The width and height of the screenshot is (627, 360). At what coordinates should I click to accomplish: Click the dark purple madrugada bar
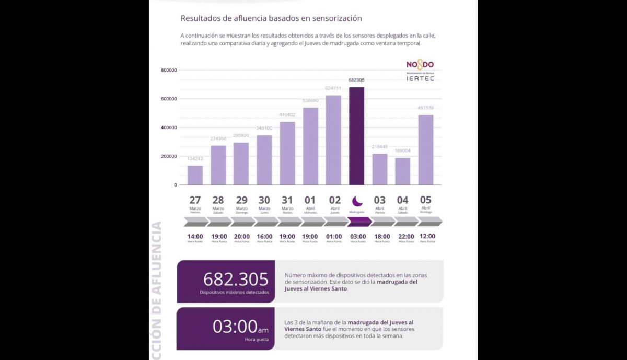[357, 136]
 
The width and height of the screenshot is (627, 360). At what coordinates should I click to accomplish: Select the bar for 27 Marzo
[195, 175]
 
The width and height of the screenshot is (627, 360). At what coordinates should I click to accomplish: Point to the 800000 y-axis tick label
[169, 71]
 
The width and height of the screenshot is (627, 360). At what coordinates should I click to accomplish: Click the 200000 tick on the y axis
[169, 156]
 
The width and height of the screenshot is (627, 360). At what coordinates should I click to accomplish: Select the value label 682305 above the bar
[357, 80]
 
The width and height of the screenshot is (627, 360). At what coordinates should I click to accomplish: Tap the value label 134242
[195, 159]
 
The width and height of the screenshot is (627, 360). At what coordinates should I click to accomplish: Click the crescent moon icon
[357, 201]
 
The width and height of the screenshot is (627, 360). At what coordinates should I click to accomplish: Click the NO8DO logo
[420, 65]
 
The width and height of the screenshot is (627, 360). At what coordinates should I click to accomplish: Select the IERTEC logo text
[420, 78]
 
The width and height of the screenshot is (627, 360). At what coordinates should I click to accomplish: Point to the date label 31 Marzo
[287, 203]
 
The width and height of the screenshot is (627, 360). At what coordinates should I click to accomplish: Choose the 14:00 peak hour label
[195, 237]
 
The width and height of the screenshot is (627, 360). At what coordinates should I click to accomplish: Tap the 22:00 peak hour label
[402, 237]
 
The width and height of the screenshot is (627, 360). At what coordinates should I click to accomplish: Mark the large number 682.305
[235, 279]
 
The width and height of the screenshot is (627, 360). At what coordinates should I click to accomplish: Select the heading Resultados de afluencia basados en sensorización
[271, 18]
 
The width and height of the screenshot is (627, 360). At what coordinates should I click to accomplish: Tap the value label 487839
[426, 108]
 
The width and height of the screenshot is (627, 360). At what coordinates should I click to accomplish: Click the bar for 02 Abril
[333, 140]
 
